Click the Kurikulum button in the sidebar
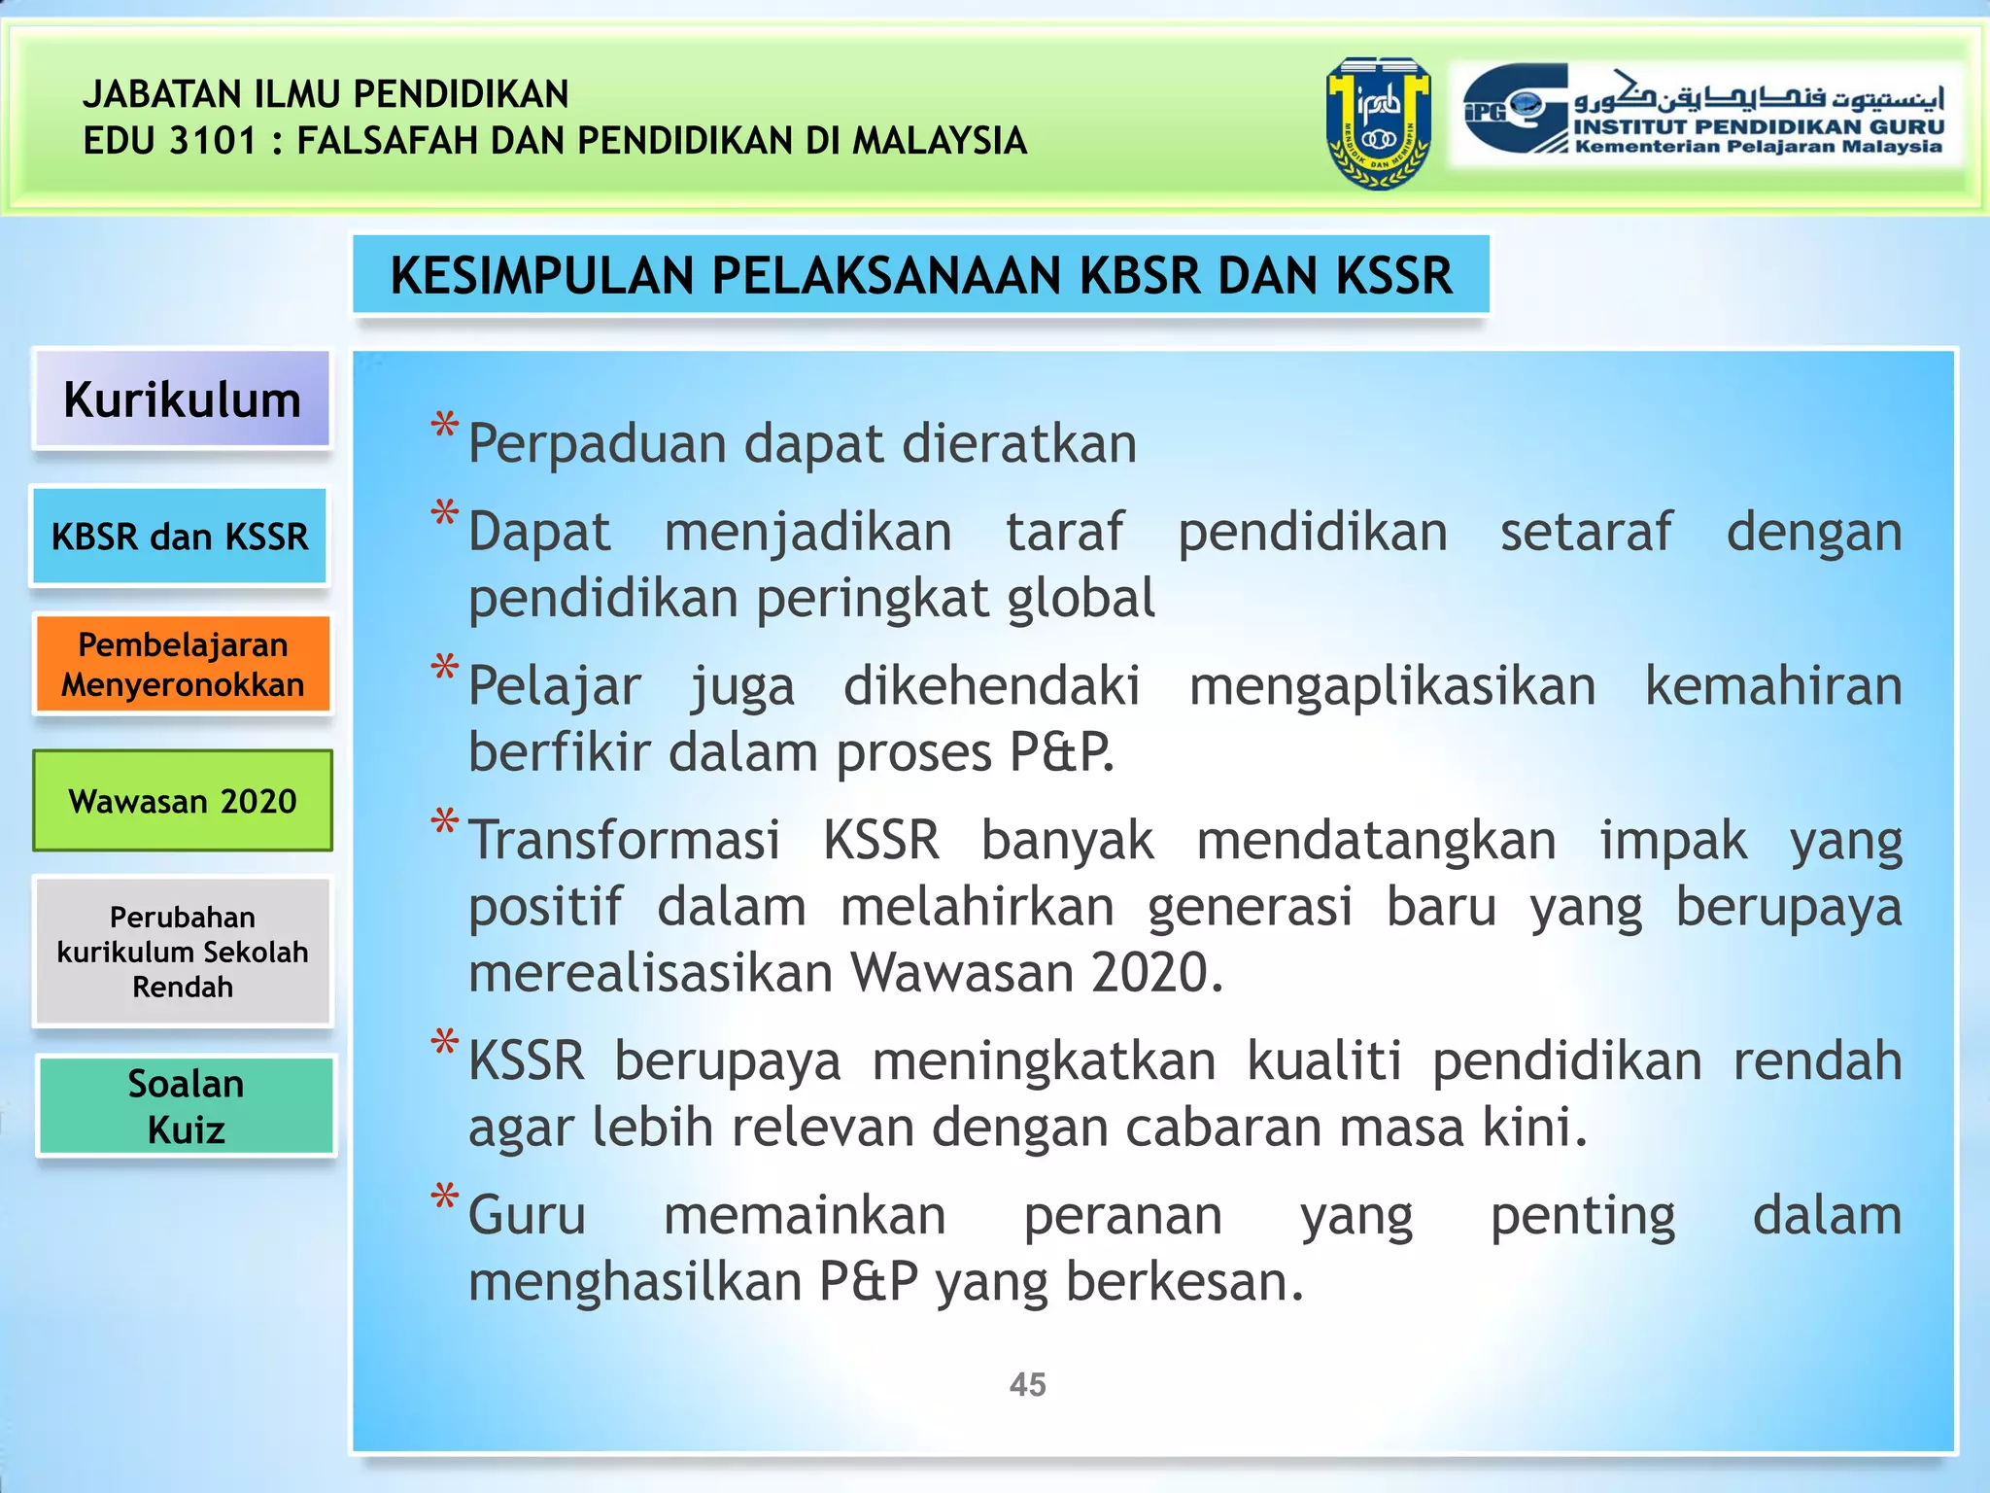tap(182, 399)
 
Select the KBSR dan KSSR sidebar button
tap(180, 537)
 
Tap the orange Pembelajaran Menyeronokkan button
tap(183, 665)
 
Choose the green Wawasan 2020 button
tap(183, 801)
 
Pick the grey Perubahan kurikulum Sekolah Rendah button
tap(183, 952)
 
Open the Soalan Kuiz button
tap(186, 1106)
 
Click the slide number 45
tap(1027, 1384)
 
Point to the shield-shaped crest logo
tap(1378, 123)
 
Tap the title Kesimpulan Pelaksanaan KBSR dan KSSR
tap(920, 275)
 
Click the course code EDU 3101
tap(170, 141)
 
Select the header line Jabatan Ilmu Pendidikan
tap(326, 94)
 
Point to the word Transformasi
tap(624, 840)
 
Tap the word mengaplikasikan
tap(1392, 686)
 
